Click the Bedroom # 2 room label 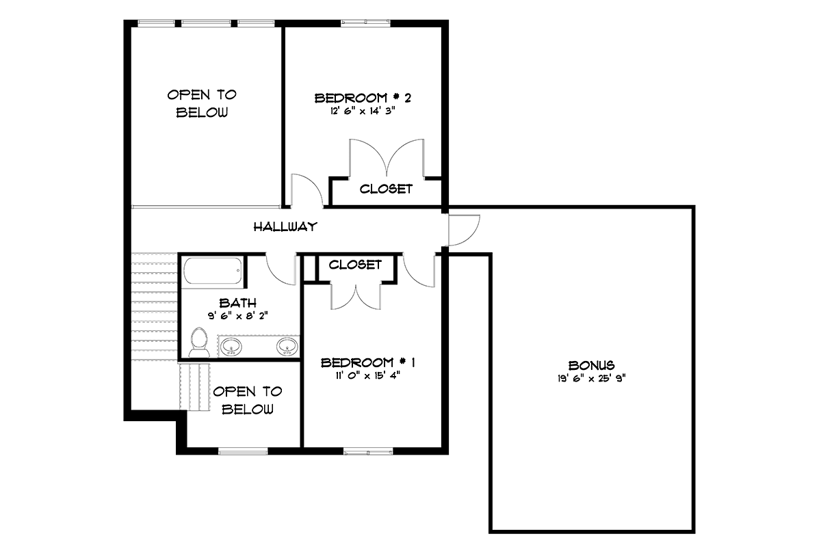click(363, 98)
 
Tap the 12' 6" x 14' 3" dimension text click(363, 111)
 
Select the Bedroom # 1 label click(368, 362)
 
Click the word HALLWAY click(285, 227)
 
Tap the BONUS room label click(592, 365)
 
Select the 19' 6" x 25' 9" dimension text click(592, 379)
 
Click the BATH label click(238, 303)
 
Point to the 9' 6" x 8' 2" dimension click(238, 315)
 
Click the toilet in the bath click(199, 342)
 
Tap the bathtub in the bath click(213, 271)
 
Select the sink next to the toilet click(231, 346)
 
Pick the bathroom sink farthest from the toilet click(287, 346)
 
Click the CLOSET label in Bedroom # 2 click(386, 189)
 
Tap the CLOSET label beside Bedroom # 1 click(355, 265)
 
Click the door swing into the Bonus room click(463, 230)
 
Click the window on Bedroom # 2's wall click(365, 23)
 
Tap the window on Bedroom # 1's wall click(368, 452)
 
